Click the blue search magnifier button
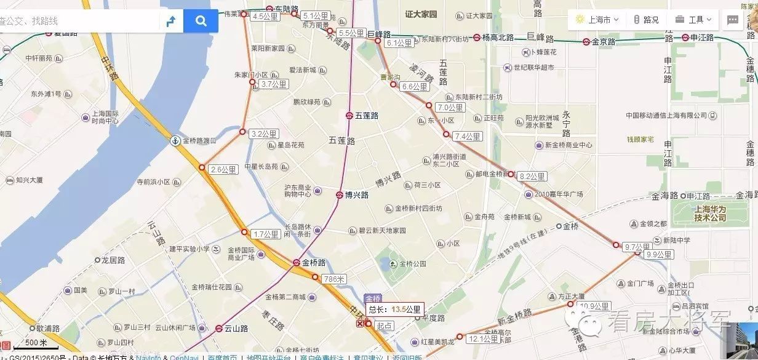(201, 21)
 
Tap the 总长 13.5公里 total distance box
(395, 310)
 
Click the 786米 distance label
(334, 279)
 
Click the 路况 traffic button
(646, 20)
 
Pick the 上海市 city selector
(597, 20)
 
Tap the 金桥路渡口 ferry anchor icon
(175, 141)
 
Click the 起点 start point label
(385, 326)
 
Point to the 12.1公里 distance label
(482, 339)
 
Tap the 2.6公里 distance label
(223, 170)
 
